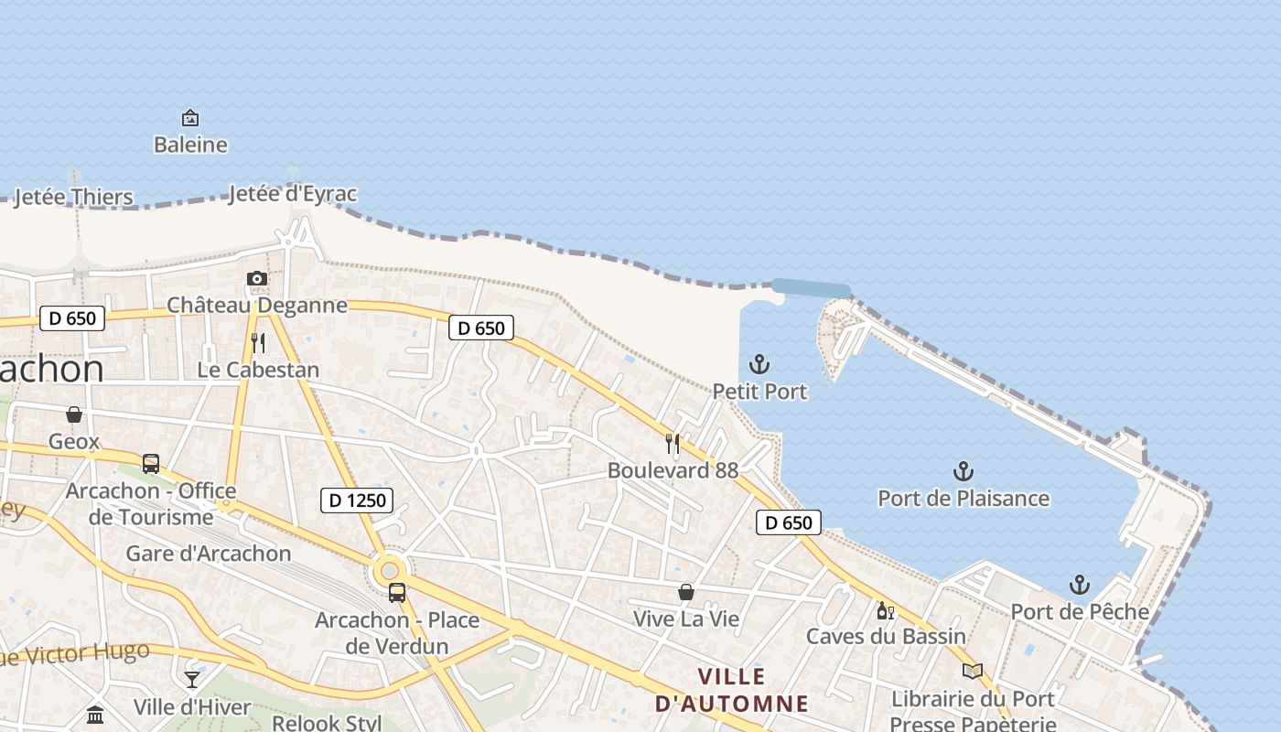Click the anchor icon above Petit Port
click(759, 364)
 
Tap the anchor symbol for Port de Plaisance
click(963, 472)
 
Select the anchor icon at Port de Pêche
click(1080, 585)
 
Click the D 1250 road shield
click(358, 501)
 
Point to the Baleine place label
click(190, 145)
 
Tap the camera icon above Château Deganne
click(257, 278)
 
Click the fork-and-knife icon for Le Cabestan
click(258, 343)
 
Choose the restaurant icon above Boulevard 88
click(673, 444)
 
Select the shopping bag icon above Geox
click(74, 414)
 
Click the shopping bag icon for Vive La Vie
click(686, 592)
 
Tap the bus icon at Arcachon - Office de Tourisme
click(151, 464)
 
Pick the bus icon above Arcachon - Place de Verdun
click(396, 592)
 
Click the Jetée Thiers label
click(73, 197)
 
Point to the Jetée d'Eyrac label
click(292, 194)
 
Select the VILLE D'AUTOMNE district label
click(732, 690)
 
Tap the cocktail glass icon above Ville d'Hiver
click(192, 679)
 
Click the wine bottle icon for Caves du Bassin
click(885, 610)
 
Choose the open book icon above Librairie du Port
click(972, 672)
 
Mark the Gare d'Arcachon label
click(209, 554)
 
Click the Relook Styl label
click(327, 723)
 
